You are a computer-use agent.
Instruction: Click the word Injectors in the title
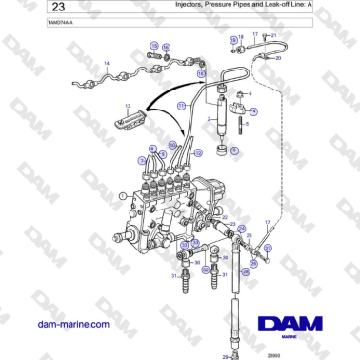191,6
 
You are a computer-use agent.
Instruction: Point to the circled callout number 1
121,195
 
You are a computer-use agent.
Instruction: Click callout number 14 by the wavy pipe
107,64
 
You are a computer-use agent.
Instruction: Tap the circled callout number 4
253,111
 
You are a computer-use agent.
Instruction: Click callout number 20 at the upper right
278,58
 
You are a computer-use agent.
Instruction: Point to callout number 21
274,35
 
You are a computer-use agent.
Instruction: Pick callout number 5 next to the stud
249,123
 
